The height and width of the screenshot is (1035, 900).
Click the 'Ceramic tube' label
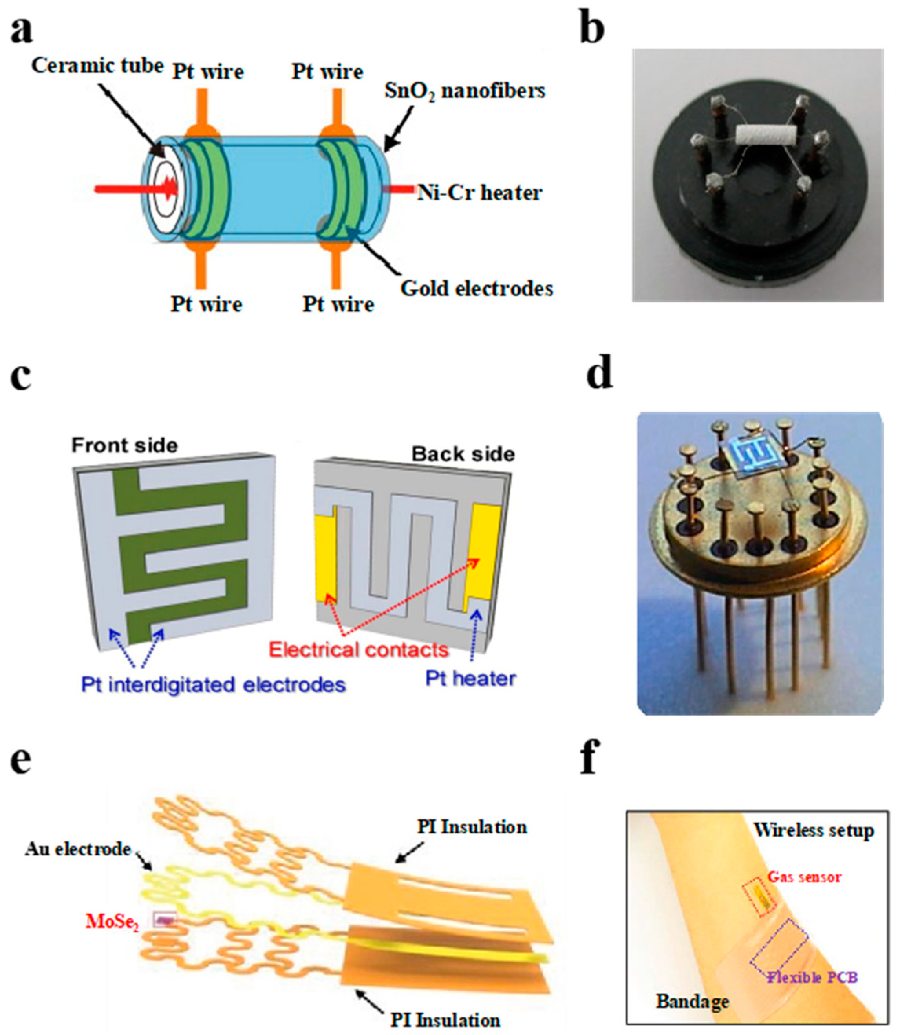click(97, 66)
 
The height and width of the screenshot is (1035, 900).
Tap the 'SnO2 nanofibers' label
click(465, 91)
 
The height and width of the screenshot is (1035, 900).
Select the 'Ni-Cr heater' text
click(479, 192)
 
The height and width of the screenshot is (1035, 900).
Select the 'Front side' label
click(124, 445)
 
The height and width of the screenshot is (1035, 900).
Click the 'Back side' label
click(463, 454)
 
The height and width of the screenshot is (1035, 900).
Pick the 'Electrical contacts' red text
click(359, 650)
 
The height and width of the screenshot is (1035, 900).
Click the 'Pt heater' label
click(470, 679)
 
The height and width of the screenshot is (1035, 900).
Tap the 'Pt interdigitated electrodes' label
click(214, 685)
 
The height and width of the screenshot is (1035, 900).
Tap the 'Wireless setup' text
click(814, 830)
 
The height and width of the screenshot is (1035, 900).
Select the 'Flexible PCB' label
click(812, 977)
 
